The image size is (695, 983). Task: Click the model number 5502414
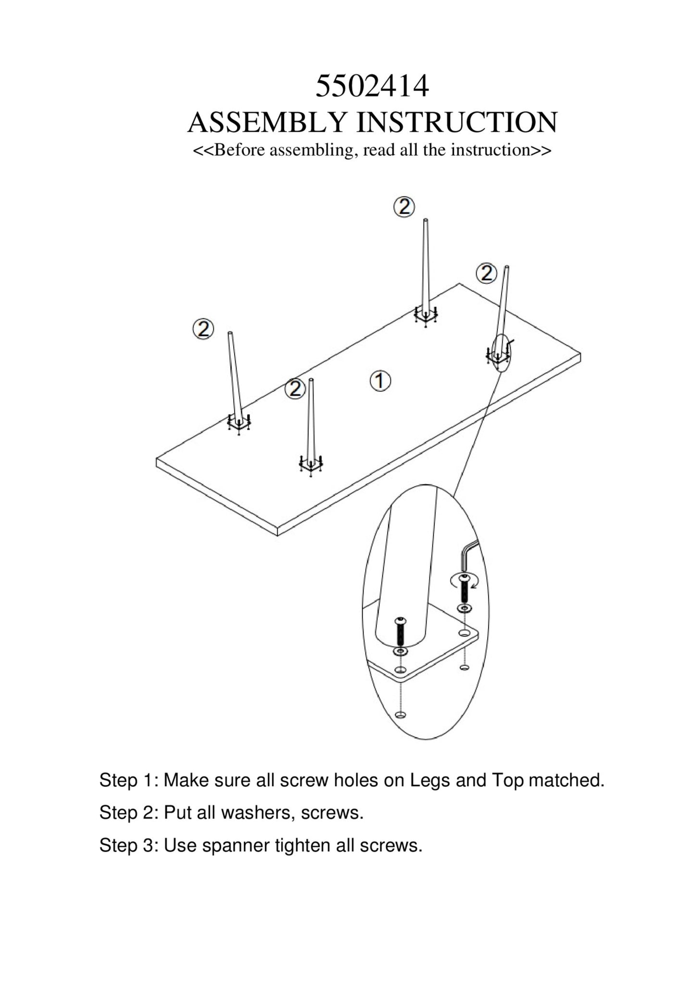click(x=372, y=86)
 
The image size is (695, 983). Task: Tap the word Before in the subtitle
click(x=239, y=150)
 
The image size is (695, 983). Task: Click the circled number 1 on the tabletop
click(x=380, y=381)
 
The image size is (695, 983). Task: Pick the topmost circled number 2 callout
click(x=404, y=207)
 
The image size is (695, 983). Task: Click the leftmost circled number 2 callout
click(x=203, y=329)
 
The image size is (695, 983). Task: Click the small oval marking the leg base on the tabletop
click(x=501, y=353)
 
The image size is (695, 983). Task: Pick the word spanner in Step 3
click(x=235, y=845)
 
